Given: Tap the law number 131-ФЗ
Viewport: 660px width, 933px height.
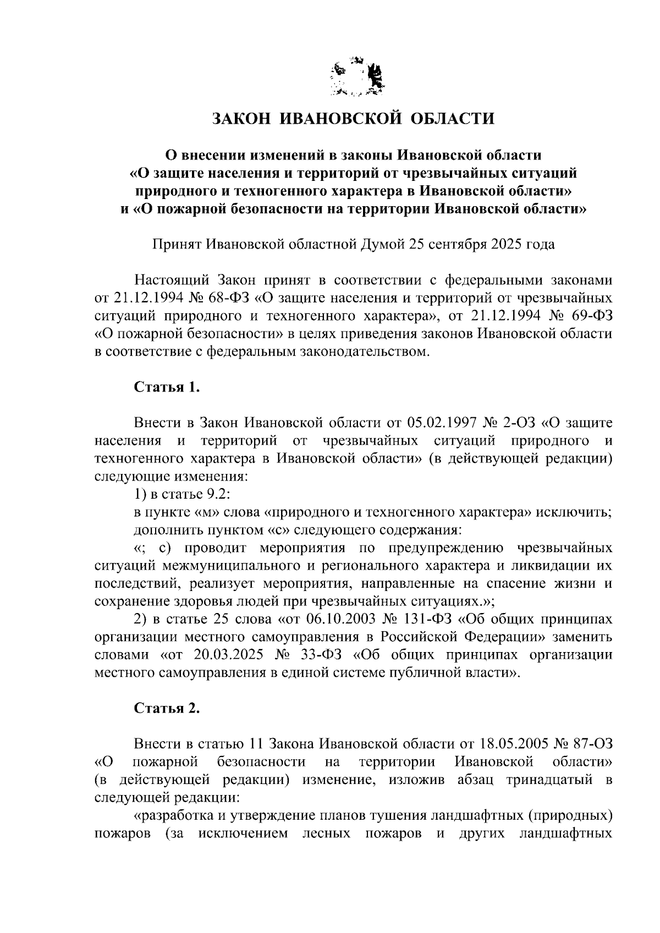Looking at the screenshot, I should (427, 619).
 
